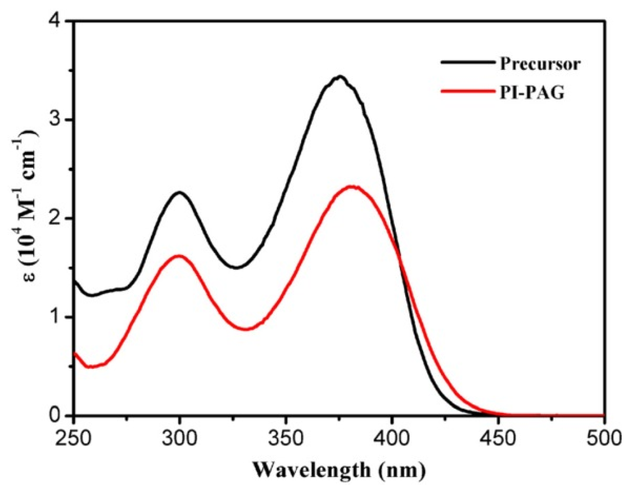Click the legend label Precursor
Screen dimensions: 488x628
coord(540,64)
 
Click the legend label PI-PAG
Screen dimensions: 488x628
coord(532,93)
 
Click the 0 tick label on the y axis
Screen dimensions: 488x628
coord(57,416)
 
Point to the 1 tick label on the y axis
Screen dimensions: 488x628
coord(57,317)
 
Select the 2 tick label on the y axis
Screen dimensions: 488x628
coord(57,218)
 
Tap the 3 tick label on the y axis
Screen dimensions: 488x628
coord(57,119)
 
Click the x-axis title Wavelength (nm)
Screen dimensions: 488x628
coord(338,470)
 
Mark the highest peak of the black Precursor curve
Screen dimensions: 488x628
coord(340,76)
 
